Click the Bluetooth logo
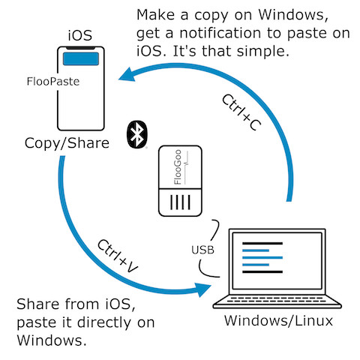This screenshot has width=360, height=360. [x=137, y=134]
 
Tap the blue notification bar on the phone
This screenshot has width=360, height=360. [x=81, y=58]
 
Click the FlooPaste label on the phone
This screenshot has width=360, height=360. [x=53, y=82]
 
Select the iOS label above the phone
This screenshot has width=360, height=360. [x=80, y=35]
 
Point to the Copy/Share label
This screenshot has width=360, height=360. [x=67, y=143]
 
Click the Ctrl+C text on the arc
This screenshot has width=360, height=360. [x=241, y=112]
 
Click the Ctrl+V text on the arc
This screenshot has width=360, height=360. [x=118, y=256]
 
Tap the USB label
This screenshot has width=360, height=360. [x=202, y=250]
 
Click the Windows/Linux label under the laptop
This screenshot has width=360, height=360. [x=278, y=320]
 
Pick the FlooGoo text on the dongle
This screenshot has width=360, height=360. [x=178, y=167]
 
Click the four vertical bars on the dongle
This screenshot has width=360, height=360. [x=180, y=202]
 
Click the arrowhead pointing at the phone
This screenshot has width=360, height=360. [x=127, y=75]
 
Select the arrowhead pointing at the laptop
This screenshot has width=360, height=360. [x=203, y=290]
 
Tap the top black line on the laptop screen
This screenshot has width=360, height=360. [x=262, y=243]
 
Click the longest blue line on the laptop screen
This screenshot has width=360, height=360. [x=262, y=257]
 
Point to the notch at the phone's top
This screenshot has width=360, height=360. [x=80, y=48]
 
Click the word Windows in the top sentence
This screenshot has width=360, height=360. [x=293, y=15]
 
